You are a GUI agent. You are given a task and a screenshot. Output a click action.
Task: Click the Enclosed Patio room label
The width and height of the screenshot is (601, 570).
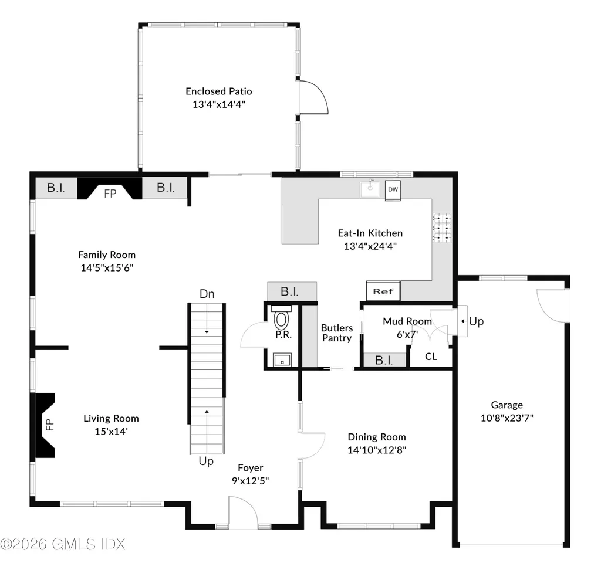click(x=218, y=91)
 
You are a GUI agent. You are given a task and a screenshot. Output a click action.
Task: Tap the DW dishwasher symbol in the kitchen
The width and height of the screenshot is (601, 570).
click(x=393, y=190)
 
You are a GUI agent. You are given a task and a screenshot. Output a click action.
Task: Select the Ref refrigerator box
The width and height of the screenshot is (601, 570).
click(x=383, y=291)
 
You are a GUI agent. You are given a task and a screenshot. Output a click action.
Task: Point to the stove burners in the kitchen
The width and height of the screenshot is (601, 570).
click(x=442, y=228)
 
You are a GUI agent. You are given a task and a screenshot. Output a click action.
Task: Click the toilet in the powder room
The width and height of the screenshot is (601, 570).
click(x=282, y=319)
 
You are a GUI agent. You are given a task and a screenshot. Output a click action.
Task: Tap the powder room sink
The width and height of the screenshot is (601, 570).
click(x=282, y=359)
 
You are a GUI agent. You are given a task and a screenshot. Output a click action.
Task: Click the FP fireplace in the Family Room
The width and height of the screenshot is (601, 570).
click(x=110, y=192)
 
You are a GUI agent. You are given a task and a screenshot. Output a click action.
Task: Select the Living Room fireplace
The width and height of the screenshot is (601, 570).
click(x=46, y=425)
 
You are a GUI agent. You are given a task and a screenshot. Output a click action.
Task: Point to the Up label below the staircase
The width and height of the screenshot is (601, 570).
click(x=205, y=462)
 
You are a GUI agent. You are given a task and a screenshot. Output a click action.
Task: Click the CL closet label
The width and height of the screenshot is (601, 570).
click(x=431, y=356)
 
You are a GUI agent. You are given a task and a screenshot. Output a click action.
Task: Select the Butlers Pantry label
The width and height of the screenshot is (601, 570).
click(x=337, y=333)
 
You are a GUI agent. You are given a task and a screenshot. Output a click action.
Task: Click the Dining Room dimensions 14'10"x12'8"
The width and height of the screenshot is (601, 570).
click(x=377, y=450)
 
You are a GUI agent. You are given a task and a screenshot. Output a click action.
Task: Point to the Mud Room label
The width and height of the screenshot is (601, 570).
click(x=407, y=321)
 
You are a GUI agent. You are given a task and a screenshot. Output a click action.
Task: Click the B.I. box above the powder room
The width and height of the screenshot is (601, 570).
click(x=292, y=291)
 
